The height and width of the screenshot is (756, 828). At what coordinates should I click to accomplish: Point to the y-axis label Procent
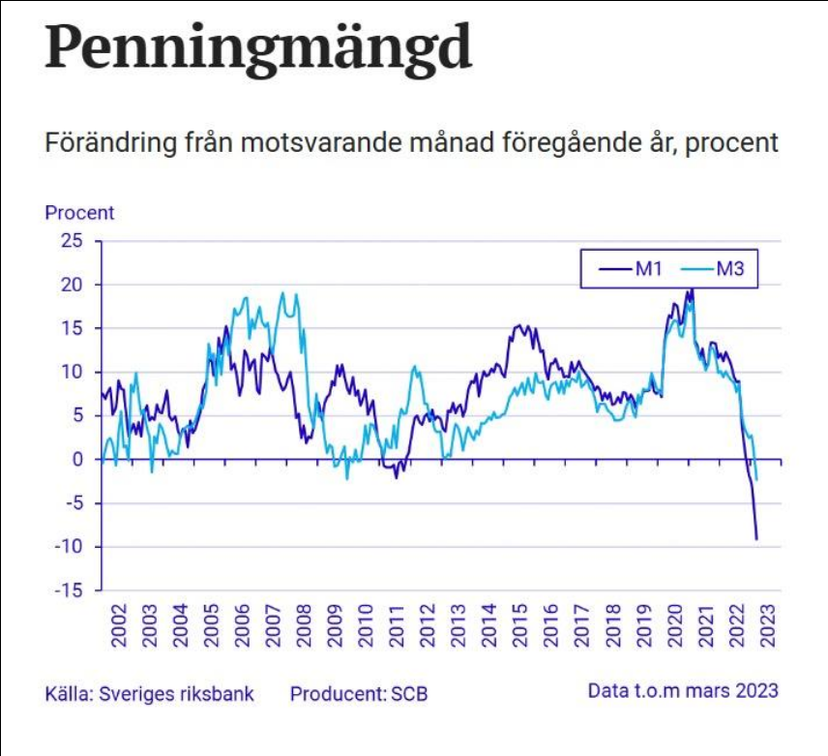pyautogui.click(x=79, y=212)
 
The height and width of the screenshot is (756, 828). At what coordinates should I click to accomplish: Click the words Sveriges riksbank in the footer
pyautogui.click(x=177, y=694)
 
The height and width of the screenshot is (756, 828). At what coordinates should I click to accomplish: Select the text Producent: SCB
pyautogui.click(x=359, y=694)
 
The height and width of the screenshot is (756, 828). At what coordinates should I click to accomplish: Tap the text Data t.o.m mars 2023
pyautogui.click(x=683, y=691)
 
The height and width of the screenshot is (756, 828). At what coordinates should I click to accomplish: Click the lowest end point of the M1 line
pyautogui.click(x=756, y=539)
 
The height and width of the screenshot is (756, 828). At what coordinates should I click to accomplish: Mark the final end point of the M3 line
pyautogui.click(x=756, y=479)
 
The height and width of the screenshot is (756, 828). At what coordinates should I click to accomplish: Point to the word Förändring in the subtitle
pyautogui.click(x=101, y=142)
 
